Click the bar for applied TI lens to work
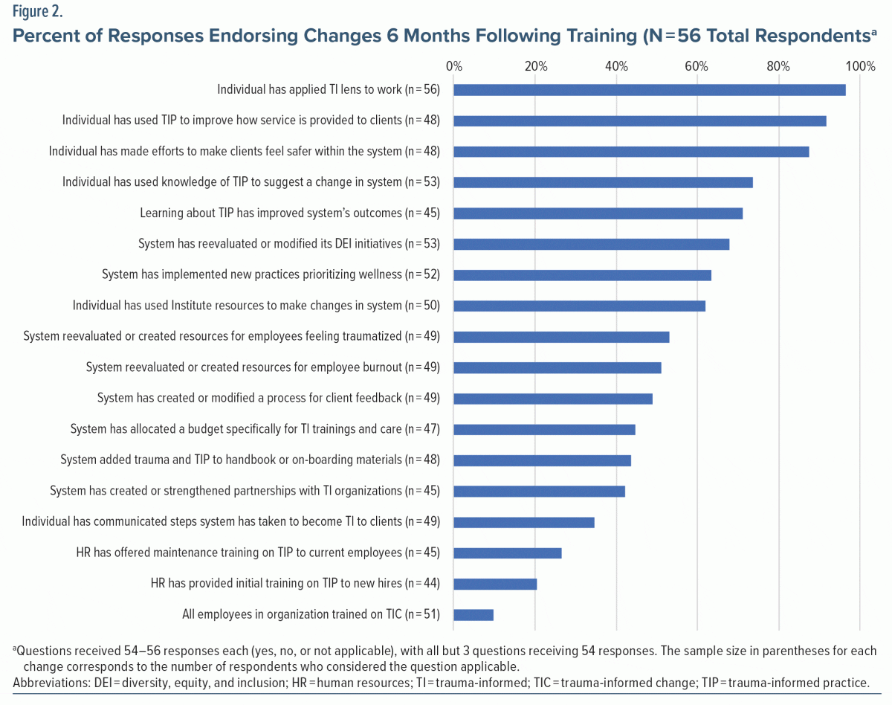(x=649, y=90)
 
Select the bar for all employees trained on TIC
(x=474, y=614)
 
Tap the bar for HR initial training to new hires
(x=495, y=584)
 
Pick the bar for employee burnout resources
(x=557, y=367)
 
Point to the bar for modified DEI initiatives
(x=591, y=244)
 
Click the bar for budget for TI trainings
(x=544, y=429)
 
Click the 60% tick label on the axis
(x=697, y=66)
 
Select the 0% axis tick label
(x=453, y=66)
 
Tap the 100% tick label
(x=860, y=66)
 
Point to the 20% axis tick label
(x=535, y=66)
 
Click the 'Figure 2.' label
(x=37, y=13)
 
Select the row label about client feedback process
(x=268, y=399)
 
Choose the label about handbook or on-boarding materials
(x=250, y=460)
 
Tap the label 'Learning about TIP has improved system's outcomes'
(x=290, y=213)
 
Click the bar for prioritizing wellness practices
(x=582, y=275)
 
